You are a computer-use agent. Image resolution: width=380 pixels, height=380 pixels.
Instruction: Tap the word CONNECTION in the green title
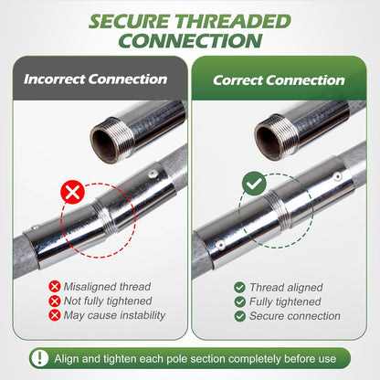pos(190,41)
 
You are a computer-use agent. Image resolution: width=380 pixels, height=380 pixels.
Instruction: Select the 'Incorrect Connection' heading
pos(95,79)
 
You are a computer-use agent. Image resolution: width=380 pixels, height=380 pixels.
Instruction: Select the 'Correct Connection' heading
pos(279,80)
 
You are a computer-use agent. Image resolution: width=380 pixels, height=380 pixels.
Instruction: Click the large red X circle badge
pos(72,192)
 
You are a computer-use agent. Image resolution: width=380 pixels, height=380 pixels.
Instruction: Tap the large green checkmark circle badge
pos(254,184)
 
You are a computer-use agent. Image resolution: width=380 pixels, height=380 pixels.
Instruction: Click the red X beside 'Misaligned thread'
pos(55,287)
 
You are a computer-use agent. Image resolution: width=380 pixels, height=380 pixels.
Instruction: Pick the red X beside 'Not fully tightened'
pos(55,301)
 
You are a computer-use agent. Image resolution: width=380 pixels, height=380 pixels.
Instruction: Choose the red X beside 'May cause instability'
pos(55,315)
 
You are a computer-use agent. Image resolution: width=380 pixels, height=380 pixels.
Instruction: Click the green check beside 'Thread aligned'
pos(239,287)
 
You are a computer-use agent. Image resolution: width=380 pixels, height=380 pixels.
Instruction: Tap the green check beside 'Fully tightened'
pos(239,301)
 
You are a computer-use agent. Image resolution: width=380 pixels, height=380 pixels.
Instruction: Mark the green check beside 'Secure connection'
pos(239,316)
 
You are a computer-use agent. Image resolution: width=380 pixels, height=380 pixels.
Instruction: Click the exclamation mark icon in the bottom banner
pos(39,358)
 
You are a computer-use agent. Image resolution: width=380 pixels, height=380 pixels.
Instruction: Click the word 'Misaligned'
pos(90,287)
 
